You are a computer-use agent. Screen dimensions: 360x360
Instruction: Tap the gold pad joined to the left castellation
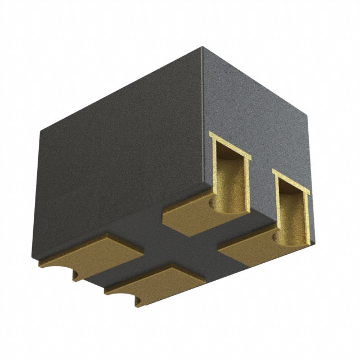[x=188, y=213]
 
